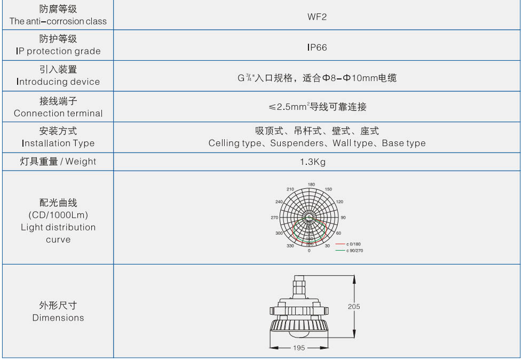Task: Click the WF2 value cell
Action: pyautogui.click(x=317, y=17)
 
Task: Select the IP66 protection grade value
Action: pyautogui.click(x=317, y=47)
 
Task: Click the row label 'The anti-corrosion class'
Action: pyautogui.click(x=58, y=21)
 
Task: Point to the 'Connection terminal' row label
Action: pyautogui.click(x=58, y=113)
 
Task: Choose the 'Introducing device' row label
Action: pyautogui.click(x=58, y=82)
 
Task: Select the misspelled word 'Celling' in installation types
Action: pyautogui.click(x=223, y=143)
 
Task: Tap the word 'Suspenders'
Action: pyautogui.click(x=295, y=143)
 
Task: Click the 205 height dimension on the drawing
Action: pyautogui.click(x=354, y=306)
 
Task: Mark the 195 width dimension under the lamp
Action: pyautogui.click(x=299, y=348)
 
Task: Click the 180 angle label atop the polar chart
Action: pyautogui.click(x=311, y=185)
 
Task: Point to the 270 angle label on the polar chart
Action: pyautogui.click(x=275, y=218)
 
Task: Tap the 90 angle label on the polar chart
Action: pyautogui.click(x=343, y=218)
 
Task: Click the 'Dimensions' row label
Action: pyautogui.click(x=58, y=318)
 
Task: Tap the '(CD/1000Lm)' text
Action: pyautogui.click(x=58, y=215)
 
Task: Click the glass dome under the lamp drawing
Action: pyautogui.click(x=299, y=334)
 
